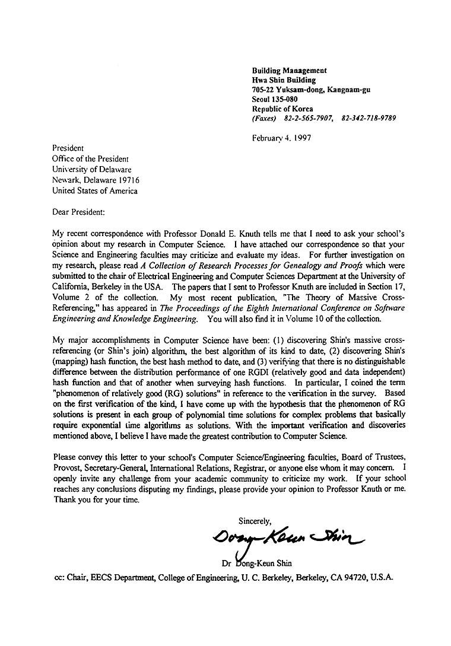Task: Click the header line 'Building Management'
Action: pyautogui.click(x=290, y=71)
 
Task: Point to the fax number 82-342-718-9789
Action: pyautogui.click(x=369, y=118)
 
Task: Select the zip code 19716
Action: pyautogui.click(x=128, y=180)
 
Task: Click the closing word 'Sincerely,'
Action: pyautogui.click(x=255, y=521)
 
